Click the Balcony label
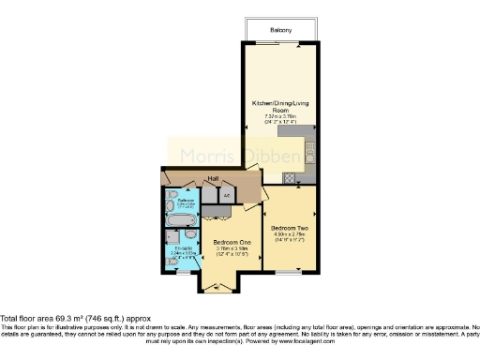click(281, 30)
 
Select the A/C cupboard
click(227, 195)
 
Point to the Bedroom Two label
click(289, 228)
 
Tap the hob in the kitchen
click(290, 177)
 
